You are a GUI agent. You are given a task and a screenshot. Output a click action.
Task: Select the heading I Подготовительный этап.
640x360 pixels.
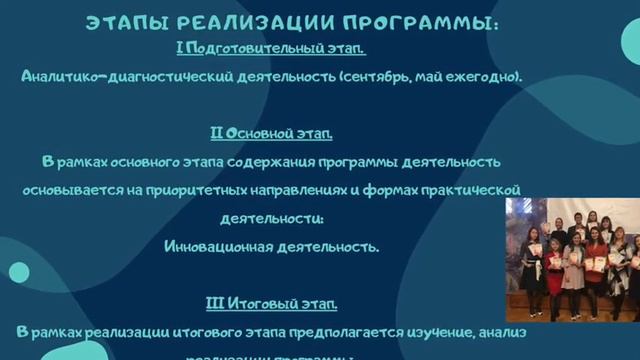click(270, 48)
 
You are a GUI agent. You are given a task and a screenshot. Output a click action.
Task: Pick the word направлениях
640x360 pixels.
click(324, 189)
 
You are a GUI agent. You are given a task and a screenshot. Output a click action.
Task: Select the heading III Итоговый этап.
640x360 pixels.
click(272, 302)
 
